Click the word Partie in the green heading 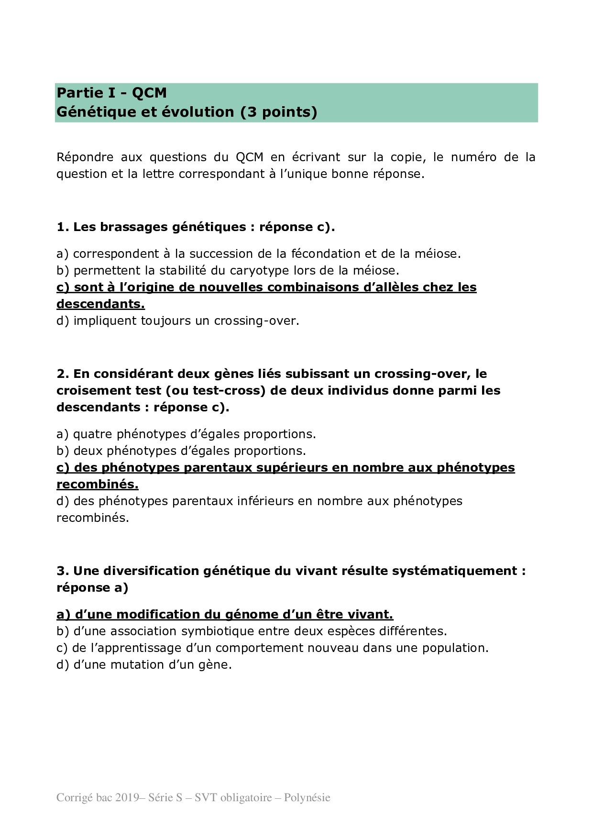point(79,93)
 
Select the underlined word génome point(249,615)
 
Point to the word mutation point(138,665)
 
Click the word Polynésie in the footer point(307,797)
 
